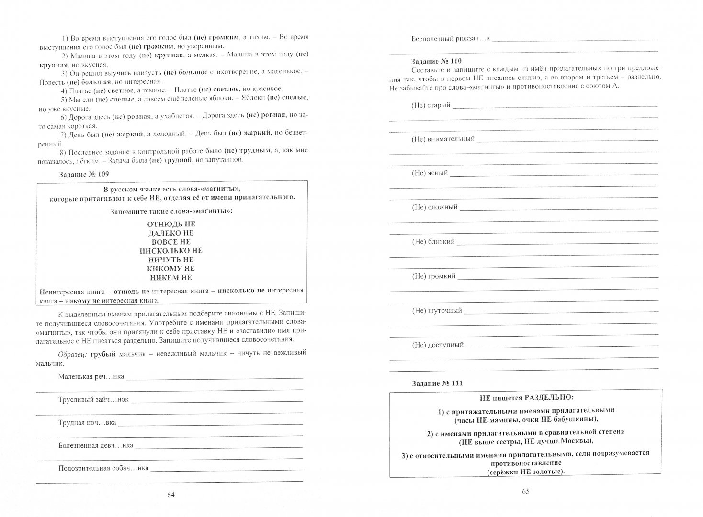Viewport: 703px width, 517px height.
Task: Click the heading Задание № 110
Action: coord(436,62)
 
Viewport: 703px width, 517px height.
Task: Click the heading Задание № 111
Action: coord(436,383)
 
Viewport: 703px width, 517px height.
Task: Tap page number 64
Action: coord(171,495)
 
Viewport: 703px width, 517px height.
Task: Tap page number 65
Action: coord(525,492)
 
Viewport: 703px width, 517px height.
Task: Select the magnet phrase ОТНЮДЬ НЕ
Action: coord(171,224)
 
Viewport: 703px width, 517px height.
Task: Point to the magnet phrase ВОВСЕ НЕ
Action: coord(171,242)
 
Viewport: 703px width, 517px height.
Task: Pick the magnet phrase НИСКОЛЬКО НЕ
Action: coord(171,250)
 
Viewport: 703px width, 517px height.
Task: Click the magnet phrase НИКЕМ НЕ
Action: coord(171,277)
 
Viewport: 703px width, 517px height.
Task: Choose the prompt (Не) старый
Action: coord(431,105)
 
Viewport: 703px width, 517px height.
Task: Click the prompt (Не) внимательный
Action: coord(443,139)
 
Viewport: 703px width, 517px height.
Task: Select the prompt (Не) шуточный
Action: coord(437,311)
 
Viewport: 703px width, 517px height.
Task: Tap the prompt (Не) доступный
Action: coord(438,345)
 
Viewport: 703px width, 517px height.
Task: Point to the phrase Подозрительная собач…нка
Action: coord(103,468)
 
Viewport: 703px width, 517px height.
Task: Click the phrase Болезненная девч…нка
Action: coord(96,445)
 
